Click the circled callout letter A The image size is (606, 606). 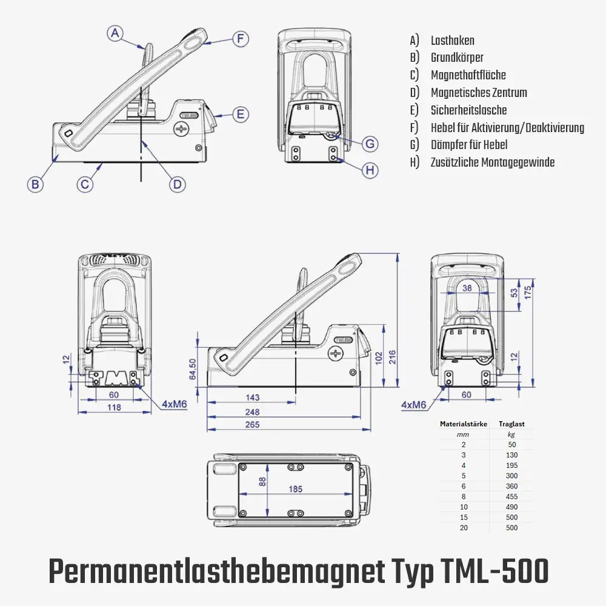point(116,33)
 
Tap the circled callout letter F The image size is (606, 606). point(241,39)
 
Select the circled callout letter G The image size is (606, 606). point(370,144)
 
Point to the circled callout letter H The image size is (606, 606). point(370,170)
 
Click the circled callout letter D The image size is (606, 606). point(176,184)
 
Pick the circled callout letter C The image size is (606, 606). point(85,184)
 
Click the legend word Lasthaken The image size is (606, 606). point(452,41)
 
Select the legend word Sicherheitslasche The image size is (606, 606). point(468,110)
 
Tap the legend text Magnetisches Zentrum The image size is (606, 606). point(479,93)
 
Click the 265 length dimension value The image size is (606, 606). point(252,425)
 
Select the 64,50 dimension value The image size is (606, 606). point(193,369)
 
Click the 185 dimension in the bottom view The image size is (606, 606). point(295,489)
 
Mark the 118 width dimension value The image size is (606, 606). point(114,407)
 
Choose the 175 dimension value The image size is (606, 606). point(527,292)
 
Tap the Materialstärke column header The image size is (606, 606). point(464,424)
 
